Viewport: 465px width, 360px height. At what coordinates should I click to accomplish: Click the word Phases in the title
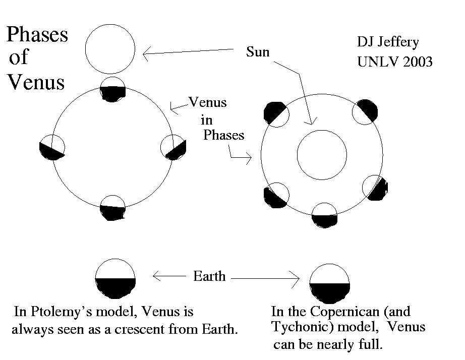(x=37, y=35)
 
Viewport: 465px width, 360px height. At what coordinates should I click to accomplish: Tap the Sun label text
(x=258, y=52)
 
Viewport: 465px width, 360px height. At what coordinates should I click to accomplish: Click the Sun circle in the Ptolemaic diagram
(x=110, y=49)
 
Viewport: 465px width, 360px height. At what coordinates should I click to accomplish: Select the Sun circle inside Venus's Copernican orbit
(x=322, y=154)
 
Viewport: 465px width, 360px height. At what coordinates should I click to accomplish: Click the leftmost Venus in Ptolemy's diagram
(x=52, y=148)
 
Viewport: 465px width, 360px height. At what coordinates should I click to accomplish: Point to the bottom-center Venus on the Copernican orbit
(x=324, y=216)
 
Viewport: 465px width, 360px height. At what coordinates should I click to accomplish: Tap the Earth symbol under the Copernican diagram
(x=330, y=284)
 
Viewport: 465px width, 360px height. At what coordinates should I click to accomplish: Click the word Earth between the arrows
(x=209, y=276)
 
